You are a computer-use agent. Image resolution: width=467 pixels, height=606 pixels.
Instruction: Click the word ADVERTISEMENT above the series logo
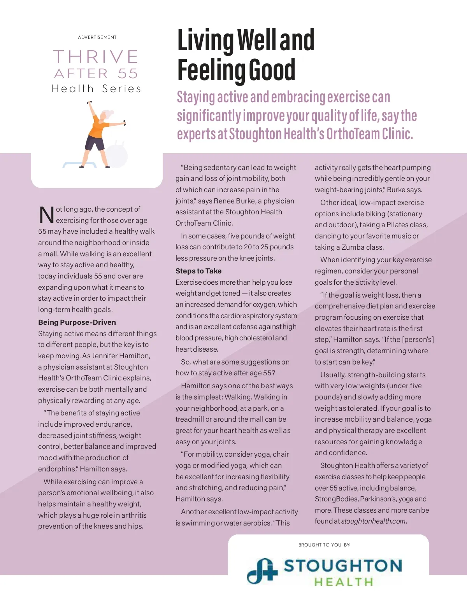97,37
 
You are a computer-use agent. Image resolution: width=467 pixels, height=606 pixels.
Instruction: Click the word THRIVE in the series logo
96,57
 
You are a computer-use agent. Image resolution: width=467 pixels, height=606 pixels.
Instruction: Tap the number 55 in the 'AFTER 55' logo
128,74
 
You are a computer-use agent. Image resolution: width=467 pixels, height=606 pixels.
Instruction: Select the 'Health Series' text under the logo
96,89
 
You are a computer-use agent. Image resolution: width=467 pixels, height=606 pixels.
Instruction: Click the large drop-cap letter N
46,215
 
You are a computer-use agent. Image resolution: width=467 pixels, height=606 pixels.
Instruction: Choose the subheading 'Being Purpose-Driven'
77,322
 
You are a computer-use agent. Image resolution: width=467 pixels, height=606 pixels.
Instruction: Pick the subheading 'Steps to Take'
198,271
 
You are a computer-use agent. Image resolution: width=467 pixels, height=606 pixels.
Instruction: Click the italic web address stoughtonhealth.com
373,521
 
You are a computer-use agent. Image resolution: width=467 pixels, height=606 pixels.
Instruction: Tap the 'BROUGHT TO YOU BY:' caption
324,545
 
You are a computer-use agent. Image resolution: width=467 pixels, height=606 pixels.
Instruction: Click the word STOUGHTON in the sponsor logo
343,566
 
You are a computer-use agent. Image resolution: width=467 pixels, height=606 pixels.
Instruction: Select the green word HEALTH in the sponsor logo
344,582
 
